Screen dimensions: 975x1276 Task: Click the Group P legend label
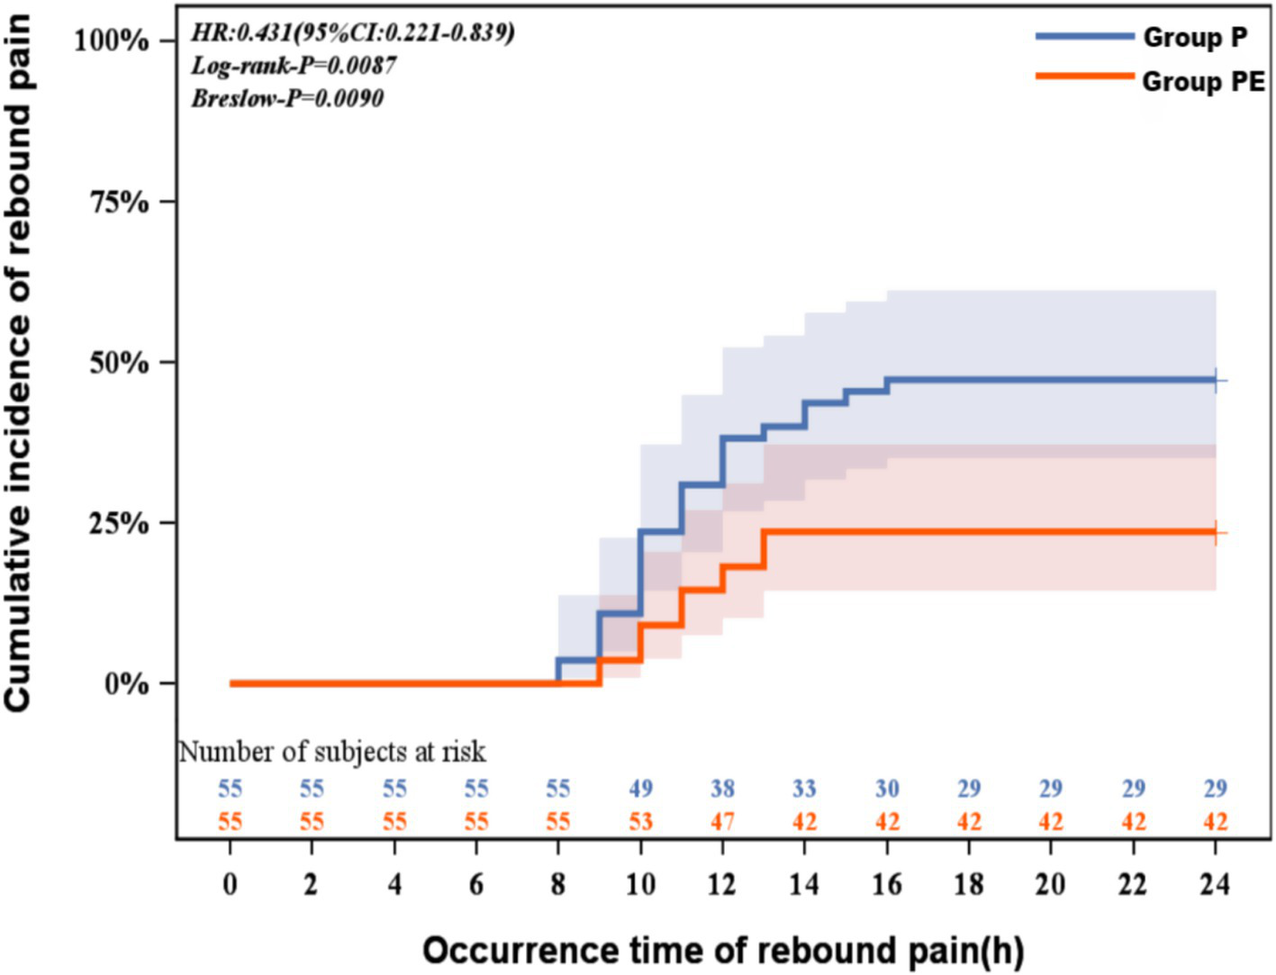(x=1195, y=38)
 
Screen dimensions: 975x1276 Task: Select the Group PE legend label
(x=1203, y=82)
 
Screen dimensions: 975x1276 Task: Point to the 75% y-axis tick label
(x=119, y=202)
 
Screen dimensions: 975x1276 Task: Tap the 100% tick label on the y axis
(x=112, y=41)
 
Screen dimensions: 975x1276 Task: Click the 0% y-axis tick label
(x=126, y=684)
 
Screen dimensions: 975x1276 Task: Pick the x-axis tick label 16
(x=886, y=885)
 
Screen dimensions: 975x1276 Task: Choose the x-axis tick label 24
(x=1215, y=885)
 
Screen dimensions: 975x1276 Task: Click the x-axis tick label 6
(x=475, y=885)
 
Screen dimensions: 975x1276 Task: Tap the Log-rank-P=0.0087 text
(x=294, y=66)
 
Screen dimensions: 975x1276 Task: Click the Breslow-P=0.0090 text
(x=287, y=98)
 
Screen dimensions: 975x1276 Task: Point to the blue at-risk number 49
(x=640, y=789)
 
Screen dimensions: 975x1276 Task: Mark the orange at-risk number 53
(x=640, y=821)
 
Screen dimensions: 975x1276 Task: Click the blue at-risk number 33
(x=804, y=789)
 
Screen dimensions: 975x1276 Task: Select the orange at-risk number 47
(x=722, y=821)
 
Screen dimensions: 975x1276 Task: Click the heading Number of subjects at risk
(x=332, y=751)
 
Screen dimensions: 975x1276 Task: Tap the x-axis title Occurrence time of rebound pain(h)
(x=722, y=951)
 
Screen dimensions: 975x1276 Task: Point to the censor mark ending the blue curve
(x=1216, y=381)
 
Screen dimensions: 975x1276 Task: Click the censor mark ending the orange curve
(x=1216, y=533)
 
